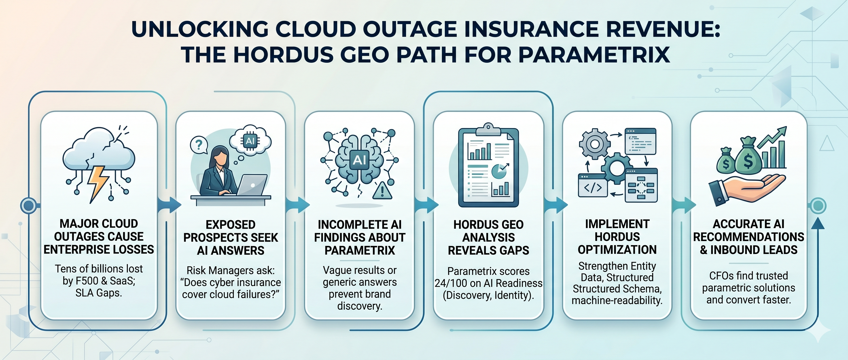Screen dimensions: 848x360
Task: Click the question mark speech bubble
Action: (199, 145)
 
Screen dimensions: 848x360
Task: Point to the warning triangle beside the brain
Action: (382, 190)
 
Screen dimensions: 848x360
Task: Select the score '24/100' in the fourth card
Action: (450, 283)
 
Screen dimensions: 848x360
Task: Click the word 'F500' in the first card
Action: (86, 281)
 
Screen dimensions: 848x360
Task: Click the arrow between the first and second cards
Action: (169, 205)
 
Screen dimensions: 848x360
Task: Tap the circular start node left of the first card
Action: (29, 205)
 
